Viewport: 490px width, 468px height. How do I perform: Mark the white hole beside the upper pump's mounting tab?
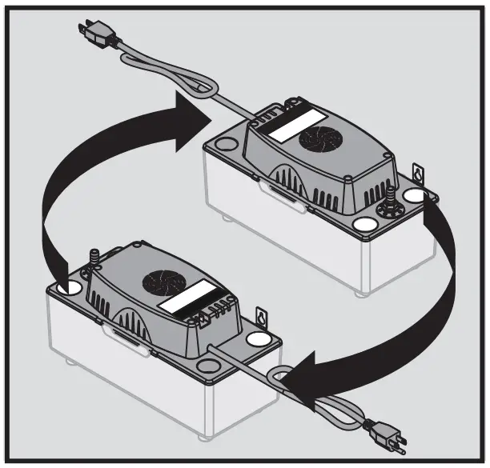click(413, 194)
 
